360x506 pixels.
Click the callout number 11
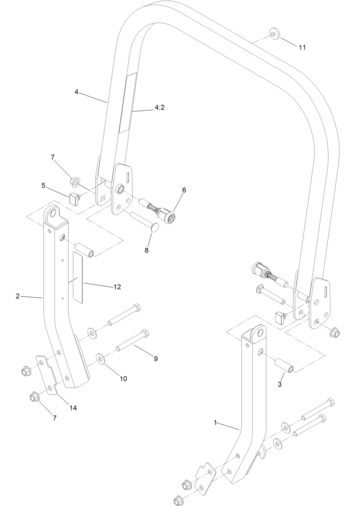(302, 47)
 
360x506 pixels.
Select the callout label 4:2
(160, 108)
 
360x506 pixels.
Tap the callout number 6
(184, 190)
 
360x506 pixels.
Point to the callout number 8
(146, 250)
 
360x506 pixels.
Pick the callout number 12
(117, 287)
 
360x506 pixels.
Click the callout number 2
(18, 296)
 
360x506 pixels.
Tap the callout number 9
(156, 358)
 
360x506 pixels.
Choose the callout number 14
(73, 408)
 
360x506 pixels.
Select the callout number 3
(280, 384)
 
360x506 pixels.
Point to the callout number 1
(215, 423)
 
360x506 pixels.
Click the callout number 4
(76, 92)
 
